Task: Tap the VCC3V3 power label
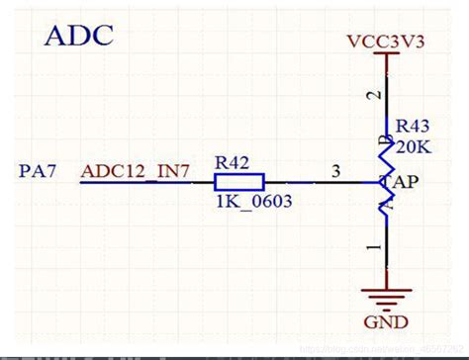386,44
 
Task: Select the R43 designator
413,127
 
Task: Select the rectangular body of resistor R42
238,181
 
